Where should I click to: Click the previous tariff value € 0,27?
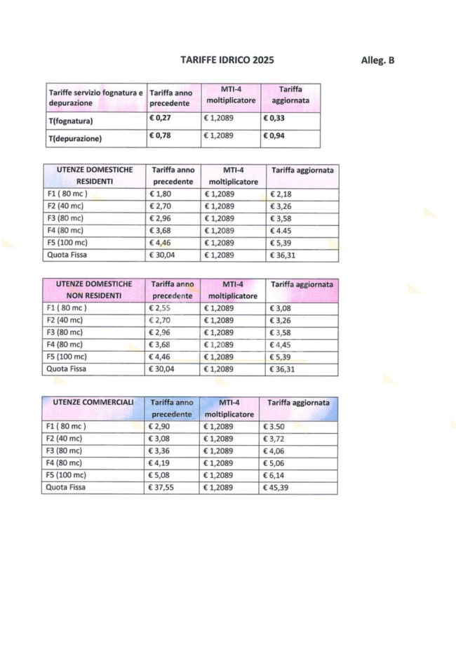pos(162,119)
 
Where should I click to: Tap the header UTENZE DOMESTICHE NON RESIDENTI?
pos(89,289)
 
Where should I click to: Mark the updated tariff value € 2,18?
pos(283,192)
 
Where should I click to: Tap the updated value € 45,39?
pos(284,487)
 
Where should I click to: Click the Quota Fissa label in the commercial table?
pos(65,487)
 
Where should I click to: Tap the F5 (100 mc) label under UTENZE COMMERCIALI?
pos(65,475)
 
